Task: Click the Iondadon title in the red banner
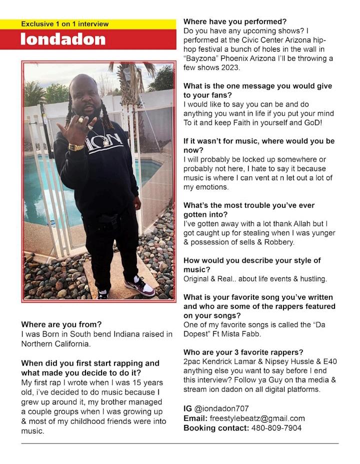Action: point(63,40)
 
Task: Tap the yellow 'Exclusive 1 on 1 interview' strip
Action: point(64,24)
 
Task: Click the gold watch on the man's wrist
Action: point(76,147)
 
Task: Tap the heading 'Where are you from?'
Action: point(61,324)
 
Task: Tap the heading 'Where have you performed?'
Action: point(235,22)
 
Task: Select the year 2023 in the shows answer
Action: point(229,68)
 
